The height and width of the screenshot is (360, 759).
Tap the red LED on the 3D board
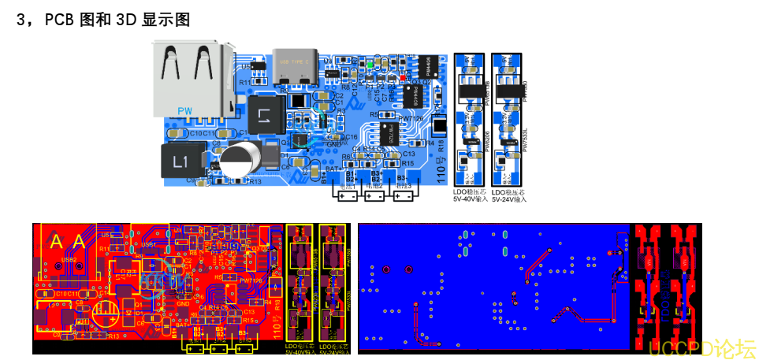pyautogui.click(x=404, y=78)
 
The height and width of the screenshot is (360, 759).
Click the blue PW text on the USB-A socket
pyautogui.click(x=185, y=110)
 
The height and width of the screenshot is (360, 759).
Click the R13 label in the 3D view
pyautogui.click(x=255, y=182)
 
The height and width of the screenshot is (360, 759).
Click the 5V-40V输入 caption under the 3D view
pyautogui.click(x=470, y=199)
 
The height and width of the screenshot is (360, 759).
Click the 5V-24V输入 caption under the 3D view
pyautogui.click(x=508, y=199)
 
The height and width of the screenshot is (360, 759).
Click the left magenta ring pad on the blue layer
pyautogui.click(x=386, y=269)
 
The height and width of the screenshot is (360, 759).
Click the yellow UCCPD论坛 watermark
pyautogui.click(x=701, y=347)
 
